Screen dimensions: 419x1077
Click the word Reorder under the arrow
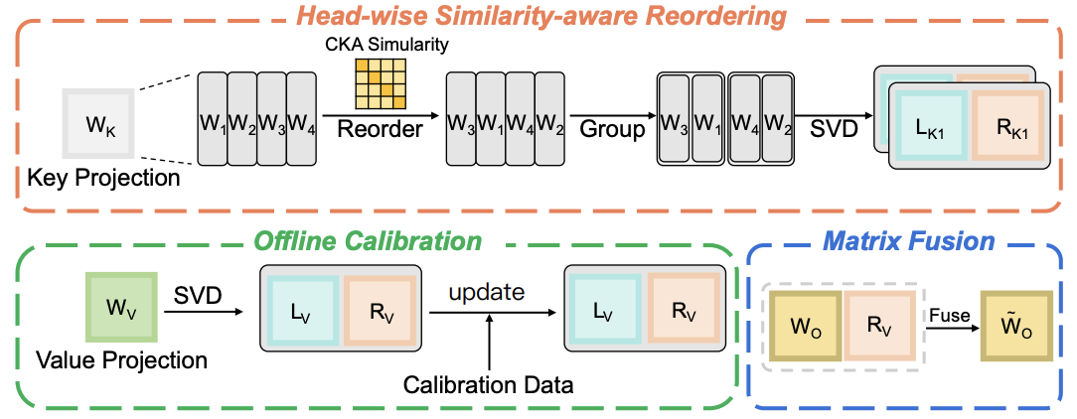pos(379,131)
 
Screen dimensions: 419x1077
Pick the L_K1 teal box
pos(930,127)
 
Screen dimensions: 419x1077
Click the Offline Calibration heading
pos(368,240)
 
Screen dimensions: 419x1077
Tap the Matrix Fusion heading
pos(908,242)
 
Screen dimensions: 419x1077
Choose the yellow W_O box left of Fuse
pos(805,325)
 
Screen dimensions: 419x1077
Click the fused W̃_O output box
pos(1015,325)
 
